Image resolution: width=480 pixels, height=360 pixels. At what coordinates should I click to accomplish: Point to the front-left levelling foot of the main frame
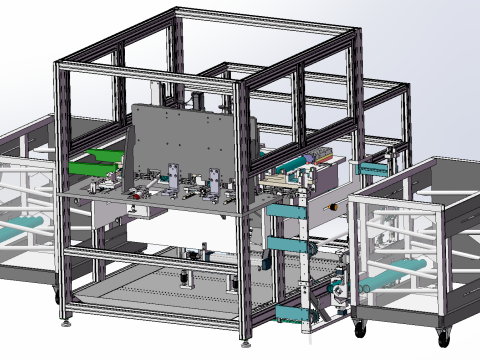(68, 321)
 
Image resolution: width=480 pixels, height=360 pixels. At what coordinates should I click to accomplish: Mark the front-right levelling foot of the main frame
(243, 343)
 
